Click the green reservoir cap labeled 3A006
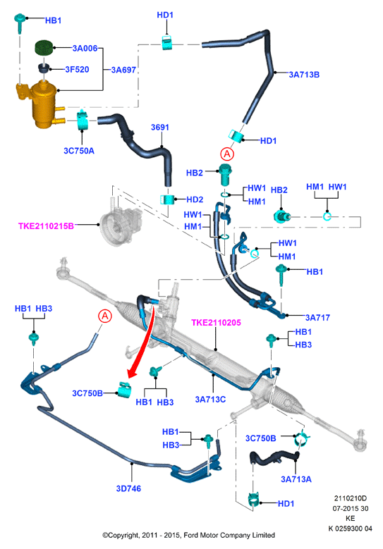pyautogui.click(x=44, y=48)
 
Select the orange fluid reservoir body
pyautogui.click(x=42, y=105)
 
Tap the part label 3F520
pyautogui.click(x=77, y=69)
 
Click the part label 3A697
pyautogui.click(x=123, y=70)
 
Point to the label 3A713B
pyautogui.click(x=304, y=75)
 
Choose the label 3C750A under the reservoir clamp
pyautogui.click(x=79, y=151)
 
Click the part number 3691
pyautogui.click(x=160, y=127)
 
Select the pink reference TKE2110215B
pyautogui.click(x=46, y=226)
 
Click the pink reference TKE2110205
pyautogui.click(x=217, y=323)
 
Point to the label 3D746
pyautogui.click(x=128, y=488)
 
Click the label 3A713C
pyautogui.click(x=210, y=399)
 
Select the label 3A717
pyautogui.click(x=317, y=318)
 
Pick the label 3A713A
pyautogui.click(x=296, y=479)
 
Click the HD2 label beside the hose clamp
pyautogui.click(x=195, y=199)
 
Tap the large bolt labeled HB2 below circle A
pyautogui.click(x=225, y=174)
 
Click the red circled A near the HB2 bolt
pyautogui.click(x=227, y=154)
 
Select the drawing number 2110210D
pyautogui.click(x=350, y=498)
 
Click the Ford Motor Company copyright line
pyautogui.click(x=188, y=535)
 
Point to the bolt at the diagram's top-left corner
pyautogui.click(x=20, y=23)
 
